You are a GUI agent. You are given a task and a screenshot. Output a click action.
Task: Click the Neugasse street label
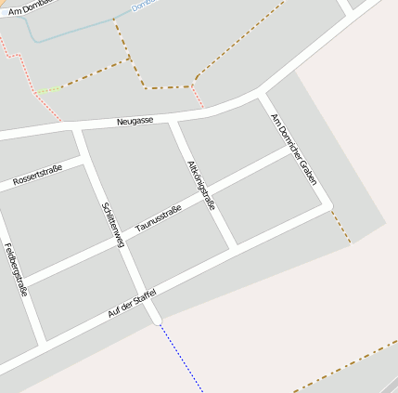pos(135,121)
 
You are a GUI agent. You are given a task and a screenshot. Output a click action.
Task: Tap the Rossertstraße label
pos(36,175)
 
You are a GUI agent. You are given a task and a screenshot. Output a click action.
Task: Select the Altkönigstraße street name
pos(200,184)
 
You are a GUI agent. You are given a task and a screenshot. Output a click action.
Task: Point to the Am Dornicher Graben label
pos(293,149)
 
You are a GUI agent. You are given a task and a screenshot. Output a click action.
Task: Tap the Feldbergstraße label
pos(16,269)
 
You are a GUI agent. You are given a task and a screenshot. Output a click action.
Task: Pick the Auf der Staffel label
pos(132,304)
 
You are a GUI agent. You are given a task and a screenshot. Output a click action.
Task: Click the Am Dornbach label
pos(28,8)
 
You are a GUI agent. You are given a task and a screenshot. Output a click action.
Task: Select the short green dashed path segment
pos(48,90)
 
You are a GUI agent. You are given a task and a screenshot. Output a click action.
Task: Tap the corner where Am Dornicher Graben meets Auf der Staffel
pos(330,205)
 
